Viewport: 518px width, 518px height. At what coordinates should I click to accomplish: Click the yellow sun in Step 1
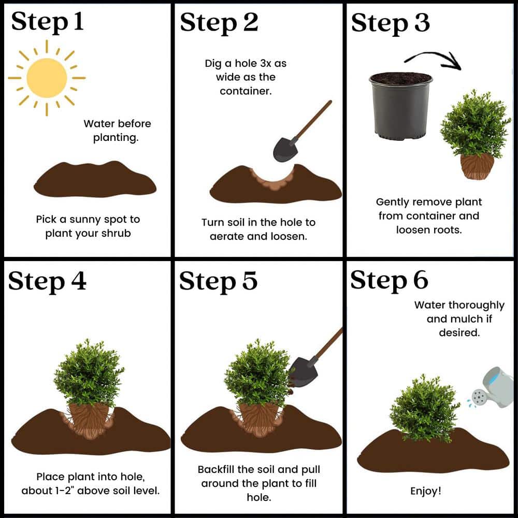click(x=47, y=78)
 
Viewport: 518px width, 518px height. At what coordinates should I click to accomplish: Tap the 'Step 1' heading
click(x=47, y=22)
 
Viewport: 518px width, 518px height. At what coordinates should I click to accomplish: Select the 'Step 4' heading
click(x=47, y=281)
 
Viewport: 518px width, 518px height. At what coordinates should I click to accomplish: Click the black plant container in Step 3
click(x=401, y=106)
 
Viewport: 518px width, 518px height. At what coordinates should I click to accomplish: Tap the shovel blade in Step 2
click(x=285, y=149)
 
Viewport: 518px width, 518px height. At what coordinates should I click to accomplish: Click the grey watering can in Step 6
click(x=494, y=387)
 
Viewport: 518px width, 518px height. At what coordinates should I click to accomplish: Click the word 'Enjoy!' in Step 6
click(x=426, y=491)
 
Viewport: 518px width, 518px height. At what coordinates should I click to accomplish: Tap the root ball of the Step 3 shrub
click(x=477, y=166)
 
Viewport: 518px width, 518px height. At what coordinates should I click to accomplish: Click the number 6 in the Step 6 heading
click(x=420, y=280)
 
